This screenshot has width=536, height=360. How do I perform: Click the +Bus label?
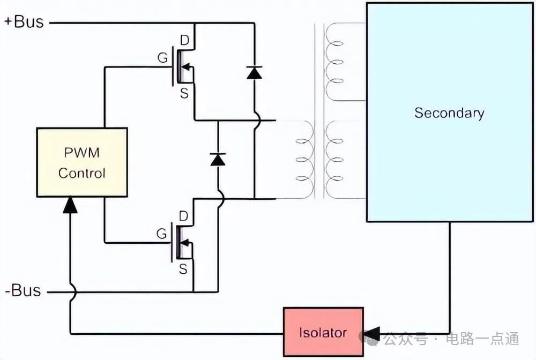24,22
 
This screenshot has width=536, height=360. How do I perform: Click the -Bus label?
23,290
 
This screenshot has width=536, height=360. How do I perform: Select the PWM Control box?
82,162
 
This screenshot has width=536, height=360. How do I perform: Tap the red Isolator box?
323,332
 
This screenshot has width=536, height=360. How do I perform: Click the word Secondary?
449,112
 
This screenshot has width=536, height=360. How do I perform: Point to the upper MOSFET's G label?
163,57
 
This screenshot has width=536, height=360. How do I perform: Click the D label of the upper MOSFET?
184,41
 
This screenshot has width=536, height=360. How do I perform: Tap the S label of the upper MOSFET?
184,93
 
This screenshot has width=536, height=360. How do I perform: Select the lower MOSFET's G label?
161,234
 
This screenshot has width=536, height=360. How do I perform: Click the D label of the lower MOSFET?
183,216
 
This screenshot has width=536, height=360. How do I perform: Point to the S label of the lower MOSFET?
183,269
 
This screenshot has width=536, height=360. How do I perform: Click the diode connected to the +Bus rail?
254,73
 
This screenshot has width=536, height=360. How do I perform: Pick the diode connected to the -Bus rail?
218,160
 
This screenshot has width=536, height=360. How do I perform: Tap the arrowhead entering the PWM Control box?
70,204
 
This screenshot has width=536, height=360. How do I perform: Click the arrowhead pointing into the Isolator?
371,334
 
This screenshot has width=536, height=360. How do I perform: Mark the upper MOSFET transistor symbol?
183,66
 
